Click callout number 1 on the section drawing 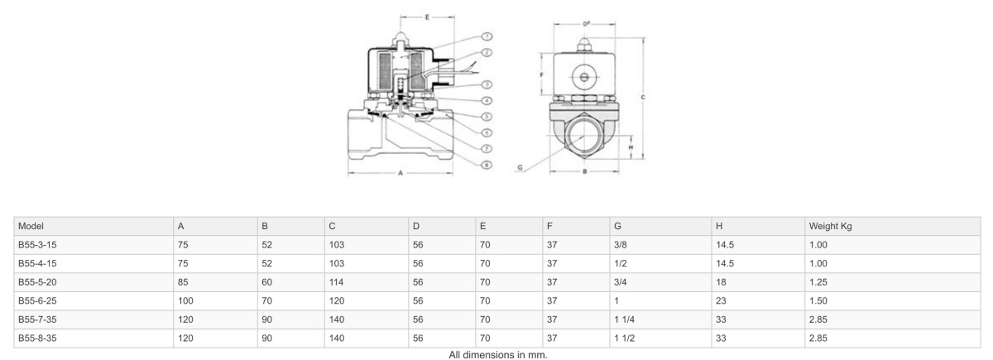click(x=488, y=37)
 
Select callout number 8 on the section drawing click(x=488, y=165)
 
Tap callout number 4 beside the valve click(x=488, y=100)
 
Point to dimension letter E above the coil click(x=427, y=16)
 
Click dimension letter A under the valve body click(x=401, y=173)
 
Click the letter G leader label click(x=520, y=166)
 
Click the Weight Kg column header click(x=826, y=226)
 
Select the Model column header click(x=31, y=226)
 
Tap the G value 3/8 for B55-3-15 click(x=621, y=245)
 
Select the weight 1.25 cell click(x=818, y=282)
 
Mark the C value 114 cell click(x=336, y=282)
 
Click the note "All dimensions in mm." click(x=498, y=354)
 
